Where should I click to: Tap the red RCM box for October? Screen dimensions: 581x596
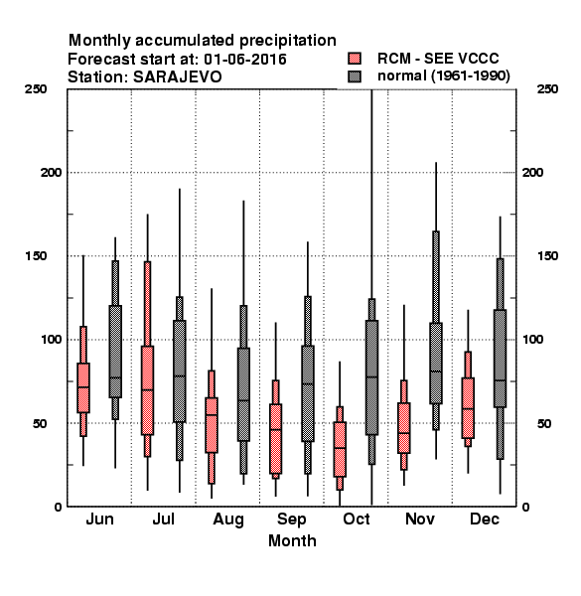340,449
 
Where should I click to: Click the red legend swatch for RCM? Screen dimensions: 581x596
355,59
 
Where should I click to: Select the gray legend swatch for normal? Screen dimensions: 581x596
355,76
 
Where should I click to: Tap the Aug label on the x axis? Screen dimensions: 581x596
228,520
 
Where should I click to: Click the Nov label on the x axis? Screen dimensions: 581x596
420,519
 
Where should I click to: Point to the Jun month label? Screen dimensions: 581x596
99,519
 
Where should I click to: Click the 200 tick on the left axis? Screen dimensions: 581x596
51,172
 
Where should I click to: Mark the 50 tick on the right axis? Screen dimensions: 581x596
544,423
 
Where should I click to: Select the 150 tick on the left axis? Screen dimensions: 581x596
36,256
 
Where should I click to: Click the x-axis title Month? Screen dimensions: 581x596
292,540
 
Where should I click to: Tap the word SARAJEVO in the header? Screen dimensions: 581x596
177,77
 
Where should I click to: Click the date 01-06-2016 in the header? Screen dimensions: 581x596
245,60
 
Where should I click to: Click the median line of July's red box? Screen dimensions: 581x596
147,390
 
